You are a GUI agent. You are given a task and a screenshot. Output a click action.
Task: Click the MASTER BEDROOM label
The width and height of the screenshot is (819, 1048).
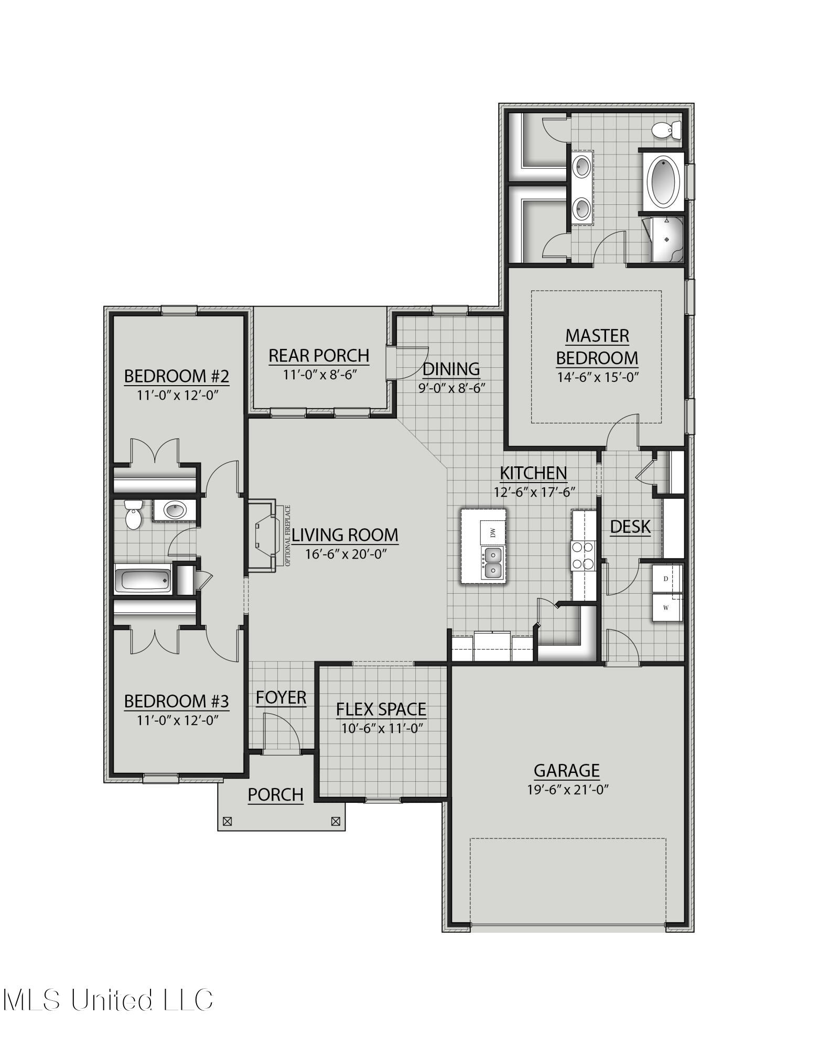pos(597,347)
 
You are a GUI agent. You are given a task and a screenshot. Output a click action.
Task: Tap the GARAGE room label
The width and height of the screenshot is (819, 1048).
pos(566,770)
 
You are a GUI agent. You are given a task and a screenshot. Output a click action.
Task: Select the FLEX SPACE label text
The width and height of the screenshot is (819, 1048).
pos(381,709)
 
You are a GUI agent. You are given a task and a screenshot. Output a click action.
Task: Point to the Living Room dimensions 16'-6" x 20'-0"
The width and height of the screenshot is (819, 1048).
pos(346,554)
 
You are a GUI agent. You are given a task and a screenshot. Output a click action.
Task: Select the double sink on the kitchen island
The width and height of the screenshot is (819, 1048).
pos(492,563)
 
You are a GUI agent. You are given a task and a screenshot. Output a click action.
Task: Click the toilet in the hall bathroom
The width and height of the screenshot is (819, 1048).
pos(133,515)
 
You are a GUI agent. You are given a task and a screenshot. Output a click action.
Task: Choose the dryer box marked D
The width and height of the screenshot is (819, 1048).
pos(666,579)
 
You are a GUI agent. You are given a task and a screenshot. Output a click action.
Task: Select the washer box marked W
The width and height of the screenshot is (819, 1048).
pos(666,608)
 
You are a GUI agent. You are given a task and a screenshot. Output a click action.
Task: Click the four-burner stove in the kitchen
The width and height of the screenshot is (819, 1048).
pos(583,555)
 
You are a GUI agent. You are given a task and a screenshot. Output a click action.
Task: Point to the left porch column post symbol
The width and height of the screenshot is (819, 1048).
pos(227,822)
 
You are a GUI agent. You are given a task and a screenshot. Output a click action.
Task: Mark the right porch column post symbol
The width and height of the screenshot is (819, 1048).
pos(336,822)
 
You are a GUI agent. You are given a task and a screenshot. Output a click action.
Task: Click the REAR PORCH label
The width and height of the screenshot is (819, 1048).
pos(319,356)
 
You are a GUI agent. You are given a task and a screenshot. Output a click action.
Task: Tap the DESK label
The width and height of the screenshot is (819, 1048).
pos(630,527)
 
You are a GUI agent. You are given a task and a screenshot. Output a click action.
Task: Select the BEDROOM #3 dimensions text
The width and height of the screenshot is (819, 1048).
pos(177,720)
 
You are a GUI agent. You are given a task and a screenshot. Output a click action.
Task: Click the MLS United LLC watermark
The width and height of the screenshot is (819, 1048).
pos(107,1000)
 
